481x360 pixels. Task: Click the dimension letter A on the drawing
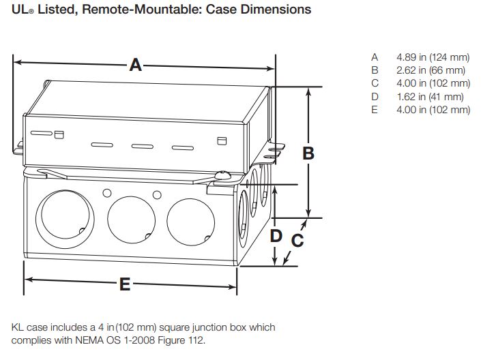pyautogui.click(x=136, y=65)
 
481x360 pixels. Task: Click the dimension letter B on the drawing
pyautogui.click(x=308, y=153)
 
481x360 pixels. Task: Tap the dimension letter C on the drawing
pyautogui.click(x=297, y=241)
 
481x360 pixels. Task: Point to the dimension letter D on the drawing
pyautogui.click(x=276, y=236)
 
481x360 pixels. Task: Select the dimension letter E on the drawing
pyautogui.click(x=125, y=284)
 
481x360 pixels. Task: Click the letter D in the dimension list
pyautogui.click(x=375, y=97)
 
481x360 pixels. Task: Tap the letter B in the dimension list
pyautogui.click(x=375, y=70)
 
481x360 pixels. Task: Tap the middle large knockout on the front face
pyautogui.click(x=130, y=219)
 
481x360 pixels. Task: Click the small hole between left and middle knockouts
pyautogui.click(x=106, y=194)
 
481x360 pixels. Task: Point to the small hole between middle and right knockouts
pyautogui.click(x=156, y=195)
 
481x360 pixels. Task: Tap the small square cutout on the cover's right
pyautogui.click(x=220, y=141)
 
